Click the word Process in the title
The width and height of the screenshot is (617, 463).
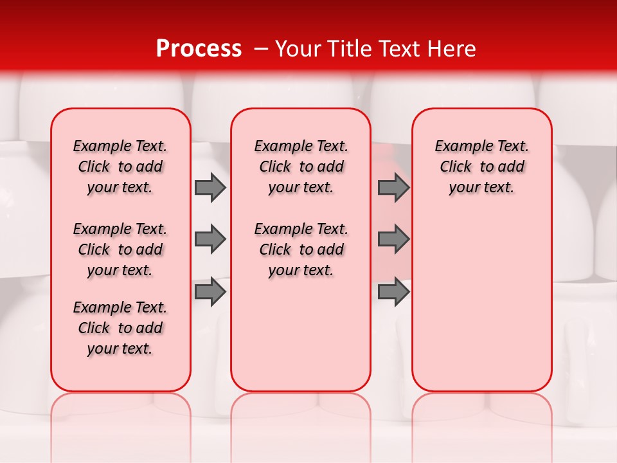click(x=199, y=49)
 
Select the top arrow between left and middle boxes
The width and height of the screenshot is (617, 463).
click(x=210, y=187)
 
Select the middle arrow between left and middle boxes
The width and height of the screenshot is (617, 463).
click(x=210, y=239)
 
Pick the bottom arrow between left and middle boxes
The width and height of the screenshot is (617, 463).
click(x=210, y=292)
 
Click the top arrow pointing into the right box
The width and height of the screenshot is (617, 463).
click(x=393, y=187)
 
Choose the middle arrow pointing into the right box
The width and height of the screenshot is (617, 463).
click(x=393, y=239)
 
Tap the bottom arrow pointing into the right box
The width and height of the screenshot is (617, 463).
click(x=393, y=292)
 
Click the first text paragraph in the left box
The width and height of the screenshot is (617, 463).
click(x=120, y=167)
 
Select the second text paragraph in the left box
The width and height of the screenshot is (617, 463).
click(x=120, y=250)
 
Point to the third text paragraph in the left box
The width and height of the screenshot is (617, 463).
click(x=120, y=328)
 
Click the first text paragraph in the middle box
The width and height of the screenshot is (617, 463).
click(x=301, y=167)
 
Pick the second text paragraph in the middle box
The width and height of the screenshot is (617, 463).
click(x=301, y=250)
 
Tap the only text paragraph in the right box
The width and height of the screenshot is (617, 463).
click(x=481, y=167)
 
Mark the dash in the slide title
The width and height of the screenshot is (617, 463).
click(x=260, y=49)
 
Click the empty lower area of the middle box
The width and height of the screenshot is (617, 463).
click(x=301, y=334)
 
